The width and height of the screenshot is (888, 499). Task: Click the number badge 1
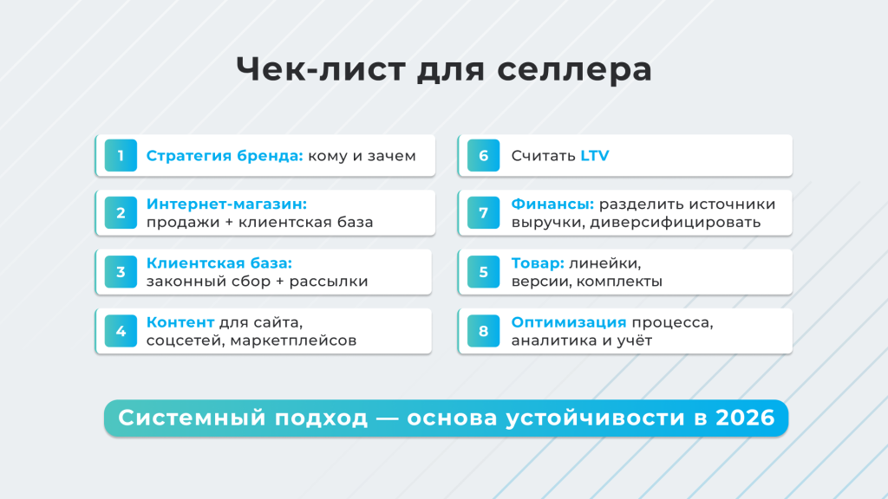tap(121, 156)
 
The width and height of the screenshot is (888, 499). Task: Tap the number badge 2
tap(121, 212)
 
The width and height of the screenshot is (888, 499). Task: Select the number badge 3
tap(121, 272)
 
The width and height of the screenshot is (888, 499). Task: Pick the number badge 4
tap(121, 331)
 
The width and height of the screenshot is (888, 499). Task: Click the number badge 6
tap(483, 156)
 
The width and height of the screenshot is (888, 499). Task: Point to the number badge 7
tap(483, 212)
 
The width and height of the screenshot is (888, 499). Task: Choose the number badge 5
tap(483, 272)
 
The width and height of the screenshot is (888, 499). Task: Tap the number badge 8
tap(483, 331)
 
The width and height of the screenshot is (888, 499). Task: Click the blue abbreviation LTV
tap(595, 156)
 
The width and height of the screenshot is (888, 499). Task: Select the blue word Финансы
tap(552, 204)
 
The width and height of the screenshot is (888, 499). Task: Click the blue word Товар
tap(538, 263)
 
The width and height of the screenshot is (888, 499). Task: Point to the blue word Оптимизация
tap(568, 322)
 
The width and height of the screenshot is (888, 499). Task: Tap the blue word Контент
tap(180, 322)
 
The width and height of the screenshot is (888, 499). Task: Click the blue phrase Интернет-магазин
tap(227, 204)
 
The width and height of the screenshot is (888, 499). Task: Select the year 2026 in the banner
tap(745, 418)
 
